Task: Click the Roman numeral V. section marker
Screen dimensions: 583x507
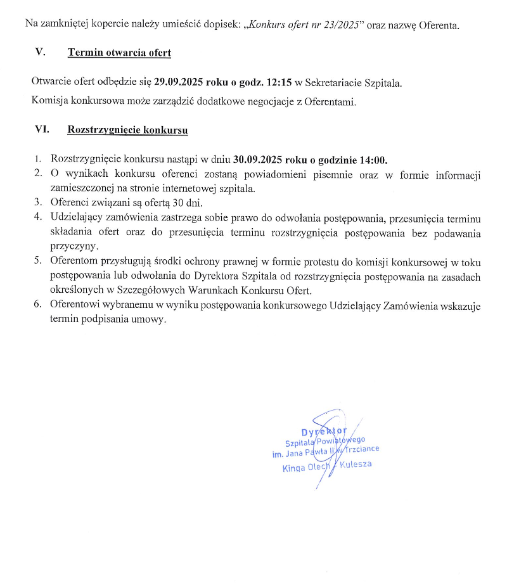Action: pyautogui.click(x=41, y=53)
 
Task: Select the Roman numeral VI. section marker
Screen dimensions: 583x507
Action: pyautogui.click(x=42, y=129)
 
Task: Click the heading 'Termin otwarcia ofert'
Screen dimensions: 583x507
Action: pyautogui.click(x=119, y=53)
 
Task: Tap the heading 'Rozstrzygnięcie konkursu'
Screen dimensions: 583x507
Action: pyautogui.click(x=127, y=130)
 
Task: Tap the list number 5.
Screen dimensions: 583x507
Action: pyautogui.click(x=38, y=260)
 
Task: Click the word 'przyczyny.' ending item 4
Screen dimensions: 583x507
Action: pyautogui.click(x=75, y=246)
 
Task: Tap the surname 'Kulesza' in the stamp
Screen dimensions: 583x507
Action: pyautogui.click(x=356, y=464)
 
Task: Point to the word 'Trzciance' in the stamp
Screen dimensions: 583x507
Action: pyautogui.click(x=360, y=449)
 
